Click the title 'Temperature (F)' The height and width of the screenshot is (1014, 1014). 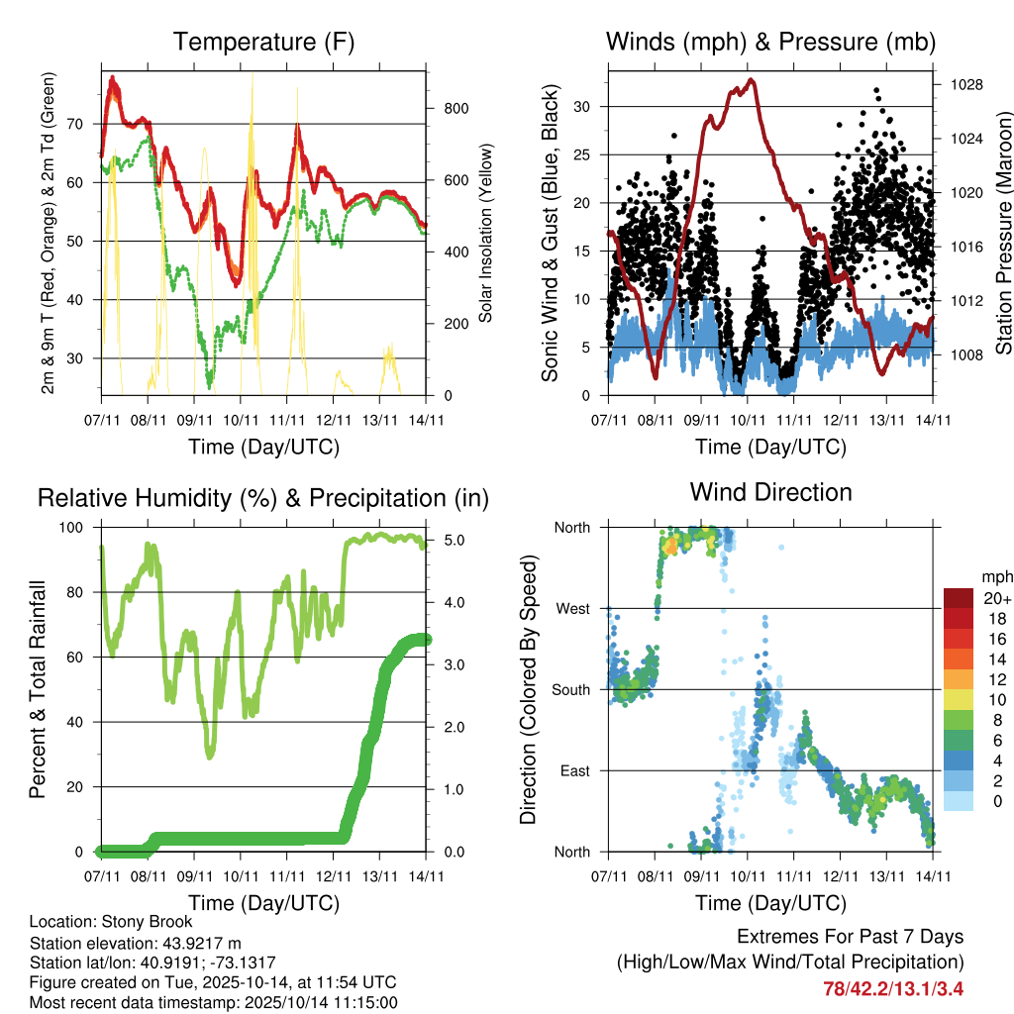click(263, 42)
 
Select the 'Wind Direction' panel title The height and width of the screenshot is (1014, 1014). click(770, 492)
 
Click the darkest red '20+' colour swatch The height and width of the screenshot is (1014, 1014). click(957, 599)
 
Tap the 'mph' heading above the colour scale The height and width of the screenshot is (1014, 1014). click(995, 575)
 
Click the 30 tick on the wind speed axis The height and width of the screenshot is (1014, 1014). click(586, 106)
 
